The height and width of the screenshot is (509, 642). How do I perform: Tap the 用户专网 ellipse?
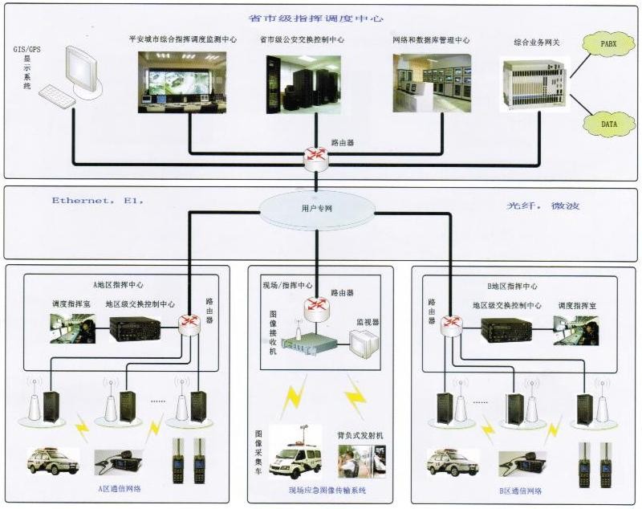(x=317, y=209)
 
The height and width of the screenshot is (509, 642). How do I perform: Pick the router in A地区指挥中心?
(x=190, y=323)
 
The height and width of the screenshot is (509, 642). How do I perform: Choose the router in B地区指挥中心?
(x=453, y=324)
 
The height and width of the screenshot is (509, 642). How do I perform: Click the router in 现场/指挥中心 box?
(x=315, y=306)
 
